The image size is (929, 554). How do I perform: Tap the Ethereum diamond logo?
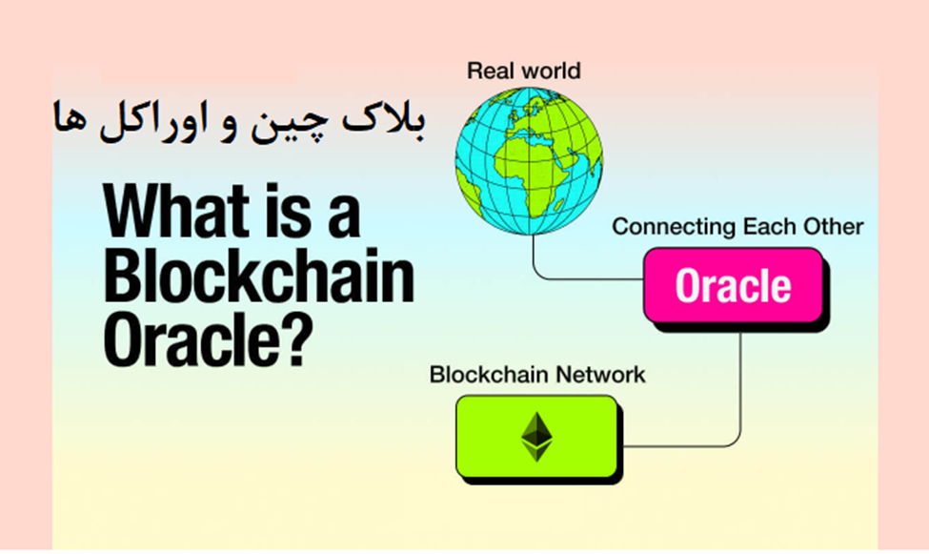click(x=537, y=436)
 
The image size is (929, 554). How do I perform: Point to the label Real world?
click(x=523, y=71)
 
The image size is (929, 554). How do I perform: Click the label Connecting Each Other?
click(x=737, y=227)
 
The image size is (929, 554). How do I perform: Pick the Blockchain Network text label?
click(x=536, y=374)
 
